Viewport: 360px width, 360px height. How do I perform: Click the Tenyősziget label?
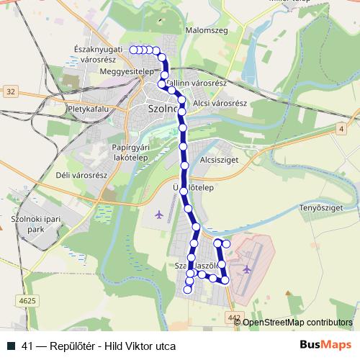click(320, 209)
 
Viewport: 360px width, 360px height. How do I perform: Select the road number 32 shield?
click(10, 91)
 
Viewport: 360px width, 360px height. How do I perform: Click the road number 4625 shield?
click(27, 299)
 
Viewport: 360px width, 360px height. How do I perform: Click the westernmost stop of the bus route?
click(134, 50)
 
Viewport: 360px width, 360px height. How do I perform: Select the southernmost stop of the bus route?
click(188, 289)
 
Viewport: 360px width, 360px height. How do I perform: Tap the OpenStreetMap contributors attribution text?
click(297, 323)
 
